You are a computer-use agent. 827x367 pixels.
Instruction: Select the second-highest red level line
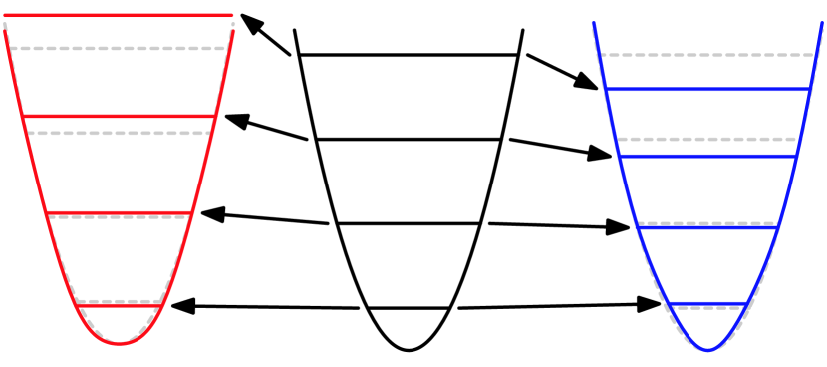coord(119,117)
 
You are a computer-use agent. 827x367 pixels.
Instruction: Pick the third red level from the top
coord(119,213)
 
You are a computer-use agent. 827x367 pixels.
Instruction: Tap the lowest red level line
coord(119,306)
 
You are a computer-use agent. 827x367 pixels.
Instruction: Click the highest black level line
coord(409,54)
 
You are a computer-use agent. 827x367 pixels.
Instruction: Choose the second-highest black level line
coord(409,140)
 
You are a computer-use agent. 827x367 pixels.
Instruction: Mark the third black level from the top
coord(409,223)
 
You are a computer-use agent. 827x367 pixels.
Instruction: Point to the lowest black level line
coord(409,308)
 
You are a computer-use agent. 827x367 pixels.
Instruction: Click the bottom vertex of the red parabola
coord(119,344)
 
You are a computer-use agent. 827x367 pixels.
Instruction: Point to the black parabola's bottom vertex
coord(409,350)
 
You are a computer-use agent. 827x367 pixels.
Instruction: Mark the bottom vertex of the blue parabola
coord(707,350)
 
